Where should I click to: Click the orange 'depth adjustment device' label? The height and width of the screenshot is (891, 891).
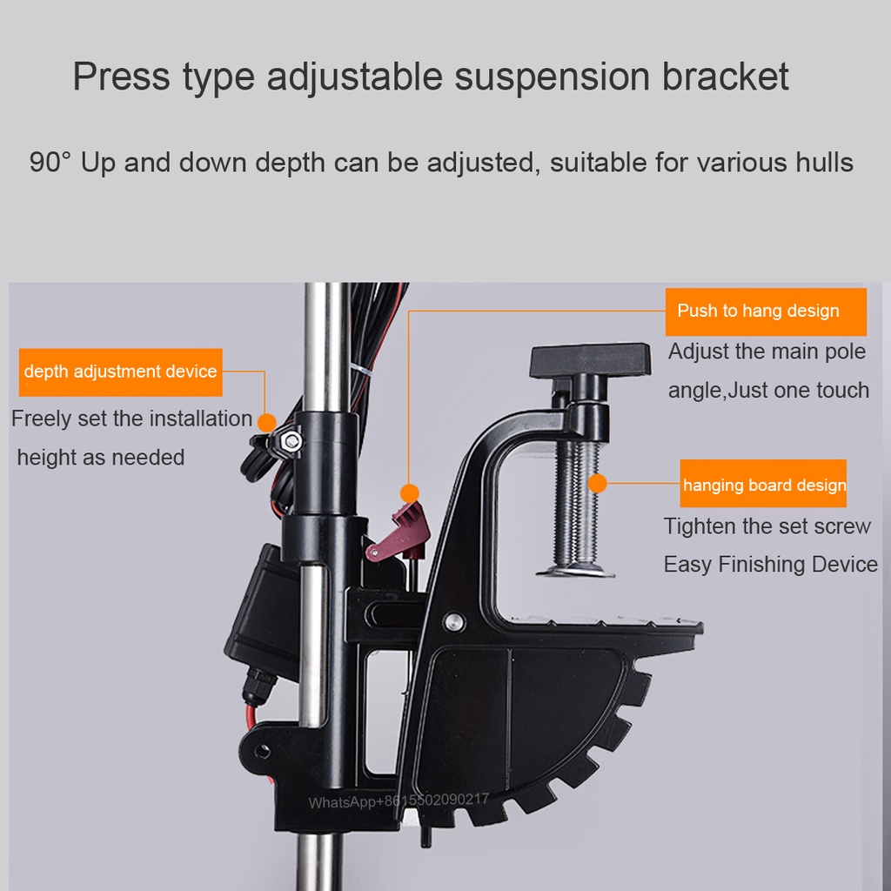[x=120, y=372]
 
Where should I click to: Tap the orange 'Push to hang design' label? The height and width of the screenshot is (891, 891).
[x=766, y=312]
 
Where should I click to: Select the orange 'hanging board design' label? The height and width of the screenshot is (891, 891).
[x=763, y=484]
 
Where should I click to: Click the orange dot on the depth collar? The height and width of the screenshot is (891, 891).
[x=267, y=423]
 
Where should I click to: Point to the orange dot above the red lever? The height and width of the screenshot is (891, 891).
[x=410, y=492]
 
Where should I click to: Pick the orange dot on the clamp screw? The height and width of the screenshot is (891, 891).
[x=597, y=484]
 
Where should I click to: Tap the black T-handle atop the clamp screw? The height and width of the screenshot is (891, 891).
[x=590, y=360]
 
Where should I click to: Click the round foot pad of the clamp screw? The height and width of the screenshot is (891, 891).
[x=576, y=570]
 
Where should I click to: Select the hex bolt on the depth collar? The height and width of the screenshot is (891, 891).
[x=291, y=439]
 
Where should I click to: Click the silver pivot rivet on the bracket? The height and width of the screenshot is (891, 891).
[x=453, y=621]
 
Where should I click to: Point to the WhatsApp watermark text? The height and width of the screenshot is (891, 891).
[x=399, y=801]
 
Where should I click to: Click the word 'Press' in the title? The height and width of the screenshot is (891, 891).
[x=121, y=77]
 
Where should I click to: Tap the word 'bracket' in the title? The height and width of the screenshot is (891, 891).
[x=726, y=77]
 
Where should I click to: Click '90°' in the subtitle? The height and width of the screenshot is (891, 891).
[x=50, y=162]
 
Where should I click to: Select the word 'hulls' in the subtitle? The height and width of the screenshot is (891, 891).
[x=825, y=162]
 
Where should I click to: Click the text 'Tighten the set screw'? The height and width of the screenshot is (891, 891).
[x=767, y=526]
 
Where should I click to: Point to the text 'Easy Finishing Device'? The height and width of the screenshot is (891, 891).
[x=771, y=564]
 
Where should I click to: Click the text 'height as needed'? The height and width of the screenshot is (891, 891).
[x=101, y=458]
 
